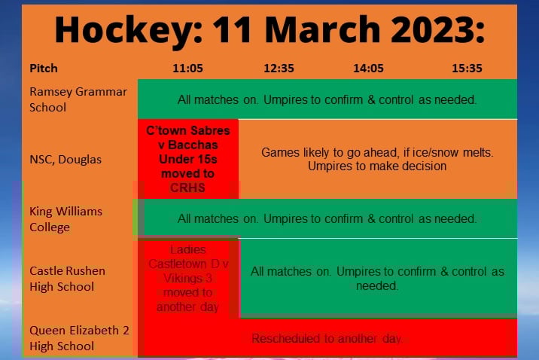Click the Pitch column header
(x=43, y=68)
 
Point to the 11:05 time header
(x=187, y=68)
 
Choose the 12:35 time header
(x=279, y=68)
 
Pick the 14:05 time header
(x=368, y=68)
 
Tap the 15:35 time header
(x=467, y=68)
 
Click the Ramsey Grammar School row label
(x=78, y=99)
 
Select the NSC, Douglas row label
(x=65, y=159)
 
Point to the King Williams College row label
(x=65, y=219)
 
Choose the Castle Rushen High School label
(x=67, y=278)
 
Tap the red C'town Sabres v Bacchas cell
(x=187, y=158)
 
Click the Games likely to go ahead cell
(x=377, y=159)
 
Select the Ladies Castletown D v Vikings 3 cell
(x=187, y=278)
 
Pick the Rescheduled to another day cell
(x=327, y=339)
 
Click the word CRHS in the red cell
(x=187, y=187)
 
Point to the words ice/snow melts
(x=456, y=152)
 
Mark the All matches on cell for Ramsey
(x=327, y=99)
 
